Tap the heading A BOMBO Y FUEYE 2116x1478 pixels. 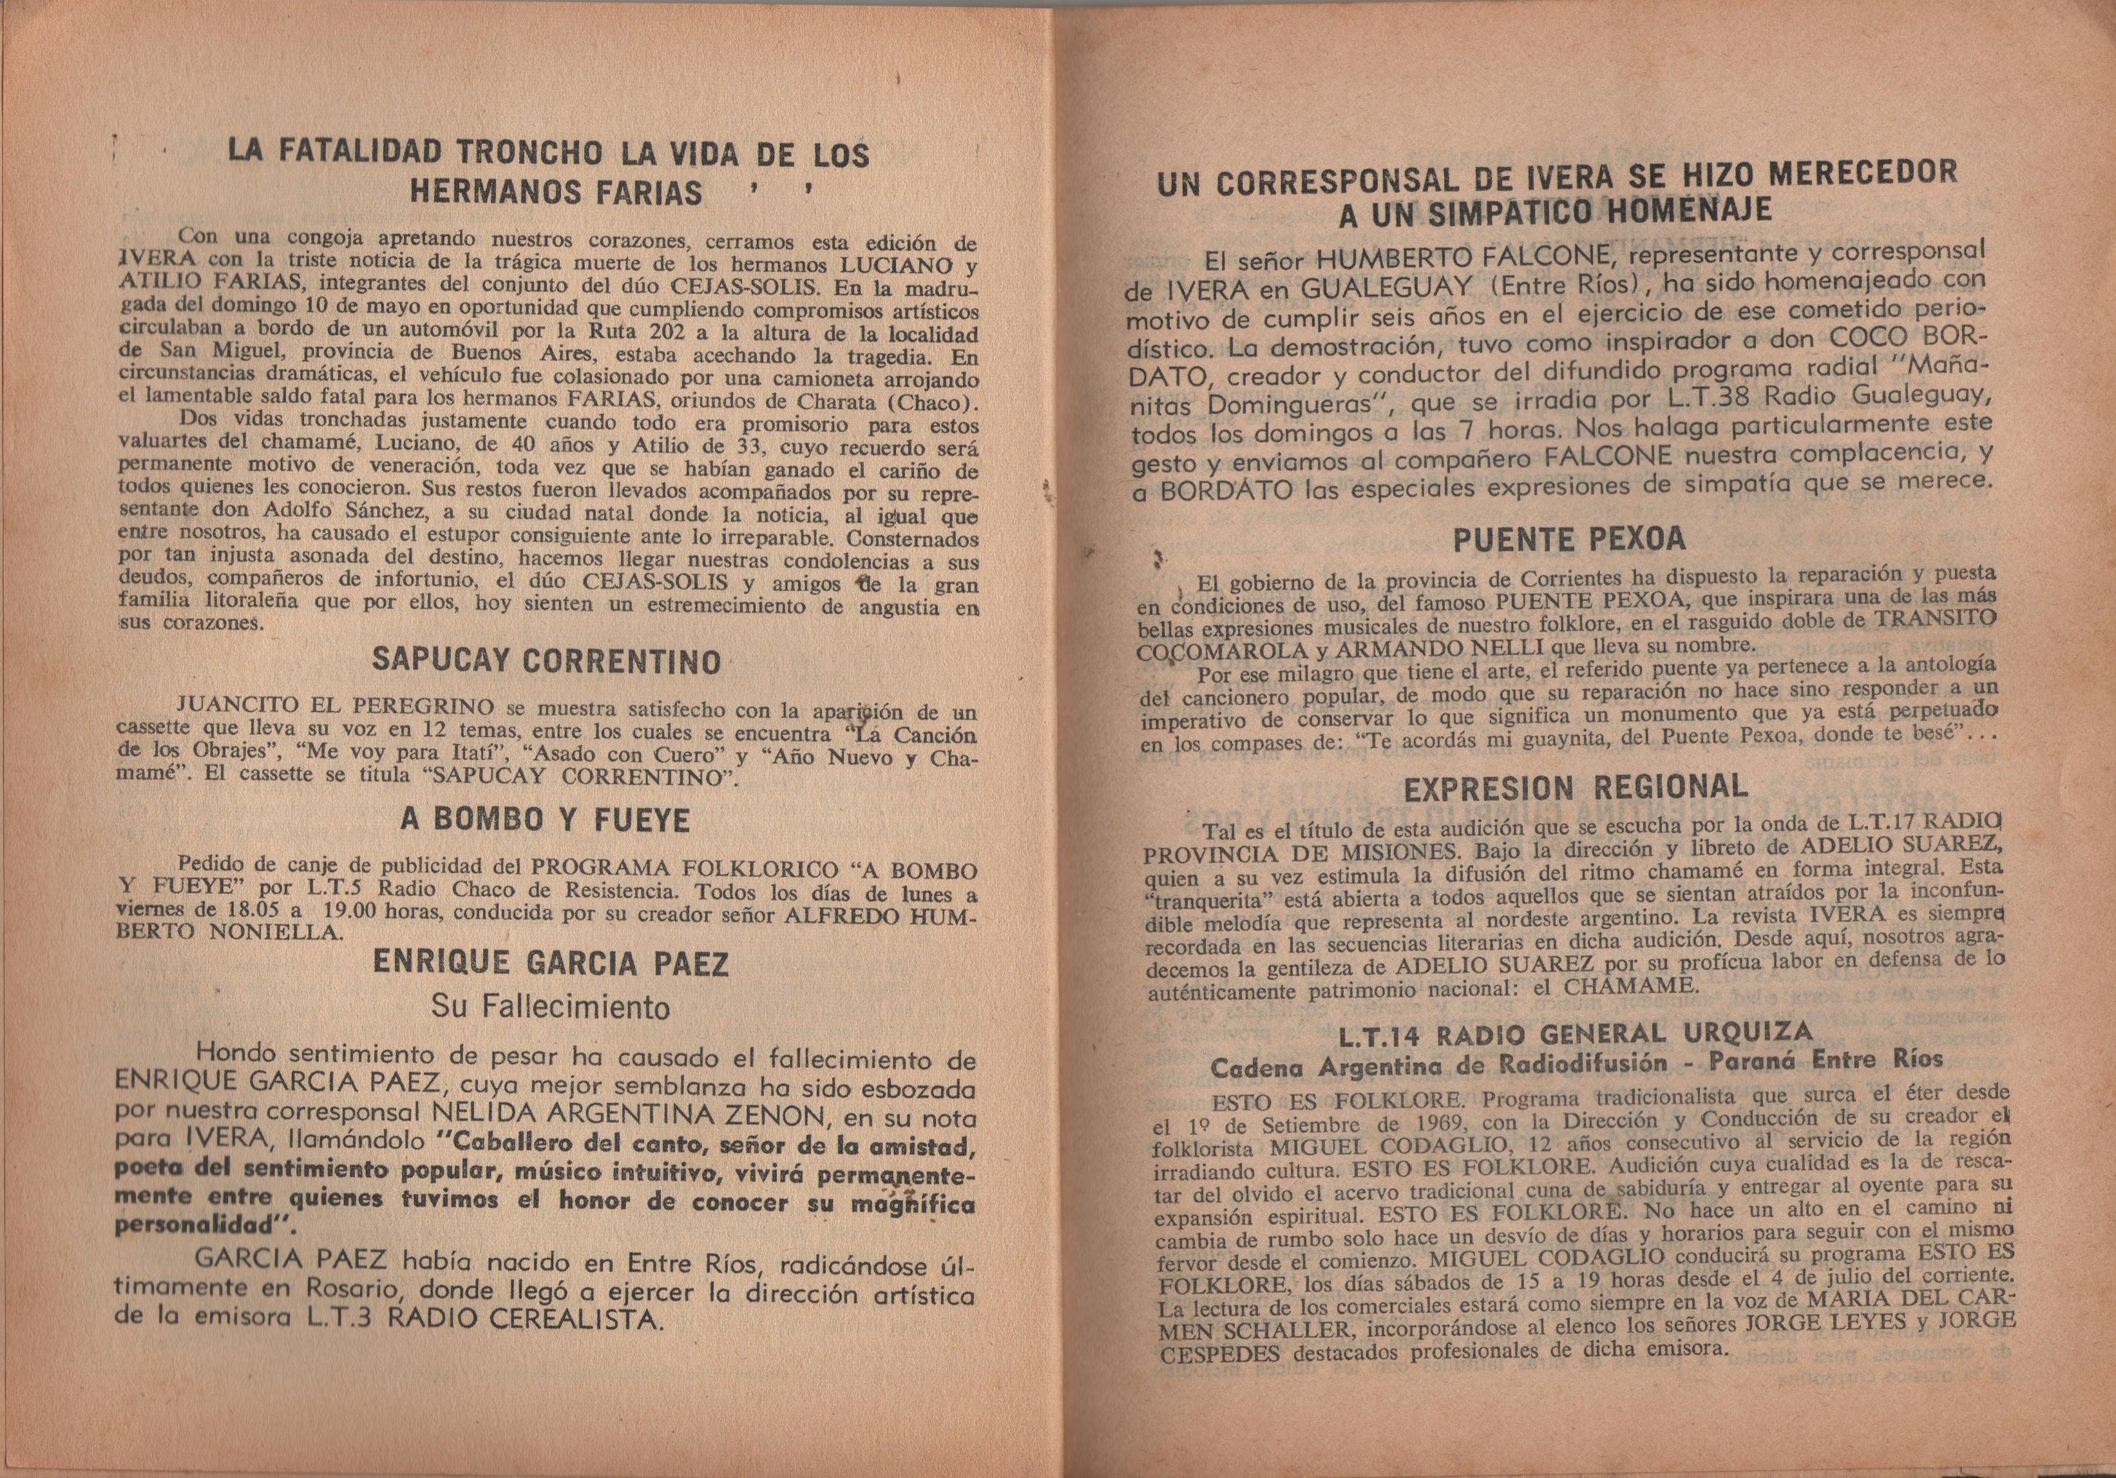(545, 821)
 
